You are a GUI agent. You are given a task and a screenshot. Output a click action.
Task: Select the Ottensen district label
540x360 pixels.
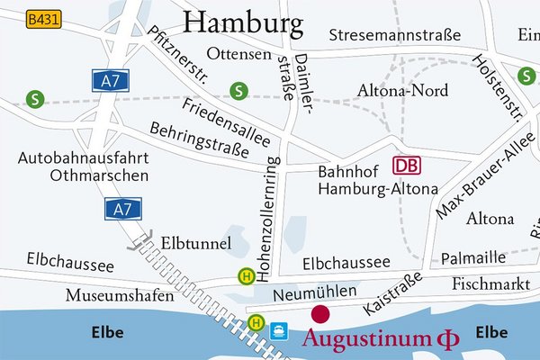click(238, 54)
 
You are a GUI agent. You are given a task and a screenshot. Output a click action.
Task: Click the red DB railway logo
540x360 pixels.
click(407, 166)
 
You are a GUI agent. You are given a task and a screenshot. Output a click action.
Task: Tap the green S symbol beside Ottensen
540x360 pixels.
click(238, 90)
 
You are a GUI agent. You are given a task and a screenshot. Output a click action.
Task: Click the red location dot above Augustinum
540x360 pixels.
click(320, 314)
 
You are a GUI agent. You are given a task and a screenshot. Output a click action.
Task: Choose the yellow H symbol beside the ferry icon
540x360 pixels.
click(257, 321)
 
